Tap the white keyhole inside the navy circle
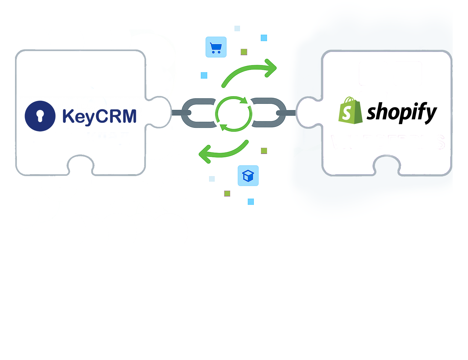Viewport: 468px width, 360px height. (40, 116)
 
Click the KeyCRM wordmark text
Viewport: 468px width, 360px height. (99, 116)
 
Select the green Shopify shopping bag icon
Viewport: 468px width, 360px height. (350, 111)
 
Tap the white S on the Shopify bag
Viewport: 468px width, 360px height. (347, 113)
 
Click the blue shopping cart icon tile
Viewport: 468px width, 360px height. (216, 47)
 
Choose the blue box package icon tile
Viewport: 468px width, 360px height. (248, 176)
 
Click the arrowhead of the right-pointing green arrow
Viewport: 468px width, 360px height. (271, 68)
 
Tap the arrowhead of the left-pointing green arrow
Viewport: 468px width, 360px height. (204, 154)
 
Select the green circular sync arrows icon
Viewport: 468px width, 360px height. (234, 114)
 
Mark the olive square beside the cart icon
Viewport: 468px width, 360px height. (244, 52)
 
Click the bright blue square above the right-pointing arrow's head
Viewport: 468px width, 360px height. (264, 38)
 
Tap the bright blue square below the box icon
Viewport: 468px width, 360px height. (251, 202)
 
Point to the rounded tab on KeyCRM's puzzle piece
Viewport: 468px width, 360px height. (160, 112)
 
